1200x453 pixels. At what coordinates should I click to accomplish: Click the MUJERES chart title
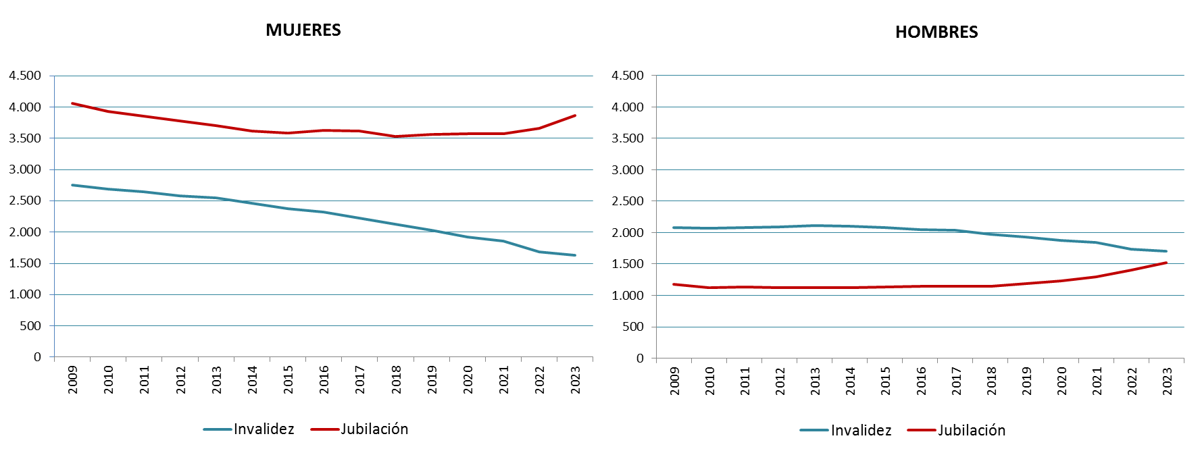tap(303, 30)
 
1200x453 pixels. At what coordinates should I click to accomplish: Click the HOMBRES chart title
tap(936, 32)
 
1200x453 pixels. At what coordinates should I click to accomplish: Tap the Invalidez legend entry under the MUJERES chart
tap(249, 429)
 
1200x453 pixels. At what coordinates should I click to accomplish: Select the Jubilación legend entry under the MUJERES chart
tap(360, 429)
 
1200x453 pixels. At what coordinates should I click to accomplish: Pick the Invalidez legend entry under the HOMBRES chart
tap(846, 431)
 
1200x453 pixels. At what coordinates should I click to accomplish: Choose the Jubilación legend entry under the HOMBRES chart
tap(957, 431)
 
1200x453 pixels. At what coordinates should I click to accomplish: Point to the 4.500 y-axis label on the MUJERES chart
tap(25, 76)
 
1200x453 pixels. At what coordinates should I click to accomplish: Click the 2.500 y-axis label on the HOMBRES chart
tap(628, 201)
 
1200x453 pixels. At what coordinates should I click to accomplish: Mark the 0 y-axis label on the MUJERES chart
tap(37, 357)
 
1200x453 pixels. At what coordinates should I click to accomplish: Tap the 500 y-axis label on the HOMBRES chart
tap(633, 327)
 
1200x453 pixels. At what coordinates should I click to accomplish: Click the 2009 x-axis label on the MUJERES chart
tap(73, 379)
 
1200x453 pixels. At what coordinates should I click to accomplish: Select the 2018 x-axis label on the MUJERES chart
tap(396, 379)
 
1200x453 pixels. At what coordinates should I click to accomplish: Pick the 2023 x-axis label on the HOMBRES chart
tap(1167, 381)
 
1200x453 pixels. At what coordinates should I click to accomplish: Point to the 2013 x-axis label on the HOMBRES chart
tap(816, 381)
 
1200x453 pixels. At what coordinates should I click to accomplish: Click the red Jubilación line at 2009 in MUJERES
tap(72, 103)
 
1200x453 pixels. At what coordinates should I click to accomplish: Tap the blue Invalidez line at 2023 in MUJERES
tap(575, 255)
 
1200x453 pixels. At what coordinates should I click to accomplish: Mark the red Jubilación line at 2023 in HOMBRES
tap(1166, 263)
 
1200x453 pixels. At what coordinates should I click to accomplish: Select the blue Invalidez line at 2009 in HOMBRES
tap(674, 228)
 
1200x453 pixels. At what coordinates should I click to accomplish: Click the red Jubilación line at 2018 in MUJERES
tap(396, 136)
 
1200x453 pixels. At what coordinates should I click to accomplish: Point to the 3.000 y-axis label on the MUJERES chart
tap(25, 169)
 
